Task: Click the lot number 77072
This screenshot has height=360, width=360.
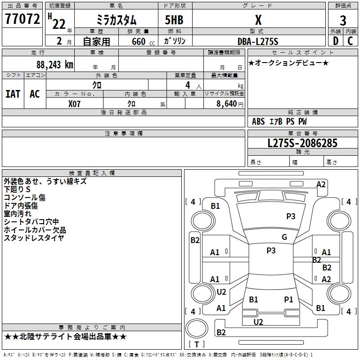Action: pos(22,18)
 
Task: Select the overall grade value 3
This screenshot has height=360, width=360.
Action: pos(343,21)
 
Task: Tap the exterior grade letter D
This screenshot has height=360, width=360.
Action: pos(336,41)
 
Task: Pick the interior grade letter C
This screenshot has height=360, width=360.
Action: pos(350,41)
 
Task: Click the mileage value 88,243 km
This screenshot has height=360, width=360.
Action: pos(54,64)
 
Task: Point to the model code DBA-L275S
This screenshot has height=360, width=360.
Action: pos(258,41)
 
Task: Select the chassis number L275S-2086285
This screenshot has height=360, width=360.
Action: pos(302,143)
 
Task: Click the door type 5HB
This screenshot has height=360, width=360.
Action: pos(174,20)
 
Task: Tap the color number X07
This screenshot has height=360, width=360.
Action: pos(74,104)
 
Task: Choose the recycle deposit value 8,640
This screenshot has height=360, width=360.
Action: pos(226,103)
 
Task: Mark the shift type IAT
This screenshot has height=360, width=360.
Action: pos(13,94)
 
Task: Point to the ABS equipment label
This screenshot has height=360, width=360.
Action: pos(258,121)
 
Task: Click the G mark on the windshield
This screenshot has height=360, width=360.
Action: pos(284,237)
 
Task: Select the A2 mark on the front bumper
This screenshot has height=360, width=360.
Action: pos(321,184)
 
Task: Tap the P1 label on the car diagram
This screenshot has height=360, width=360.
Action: pos(288,299)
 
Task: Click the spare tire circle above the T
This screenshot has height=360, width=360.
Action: pos(197,328)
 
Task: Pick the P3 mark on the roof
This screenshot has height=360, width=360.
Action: pos(271,250)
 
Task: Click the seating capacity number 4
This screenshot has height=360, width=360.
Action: pos(188,85)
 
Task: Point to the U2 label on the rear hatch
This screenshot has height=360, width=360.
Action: pos(258,322)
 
